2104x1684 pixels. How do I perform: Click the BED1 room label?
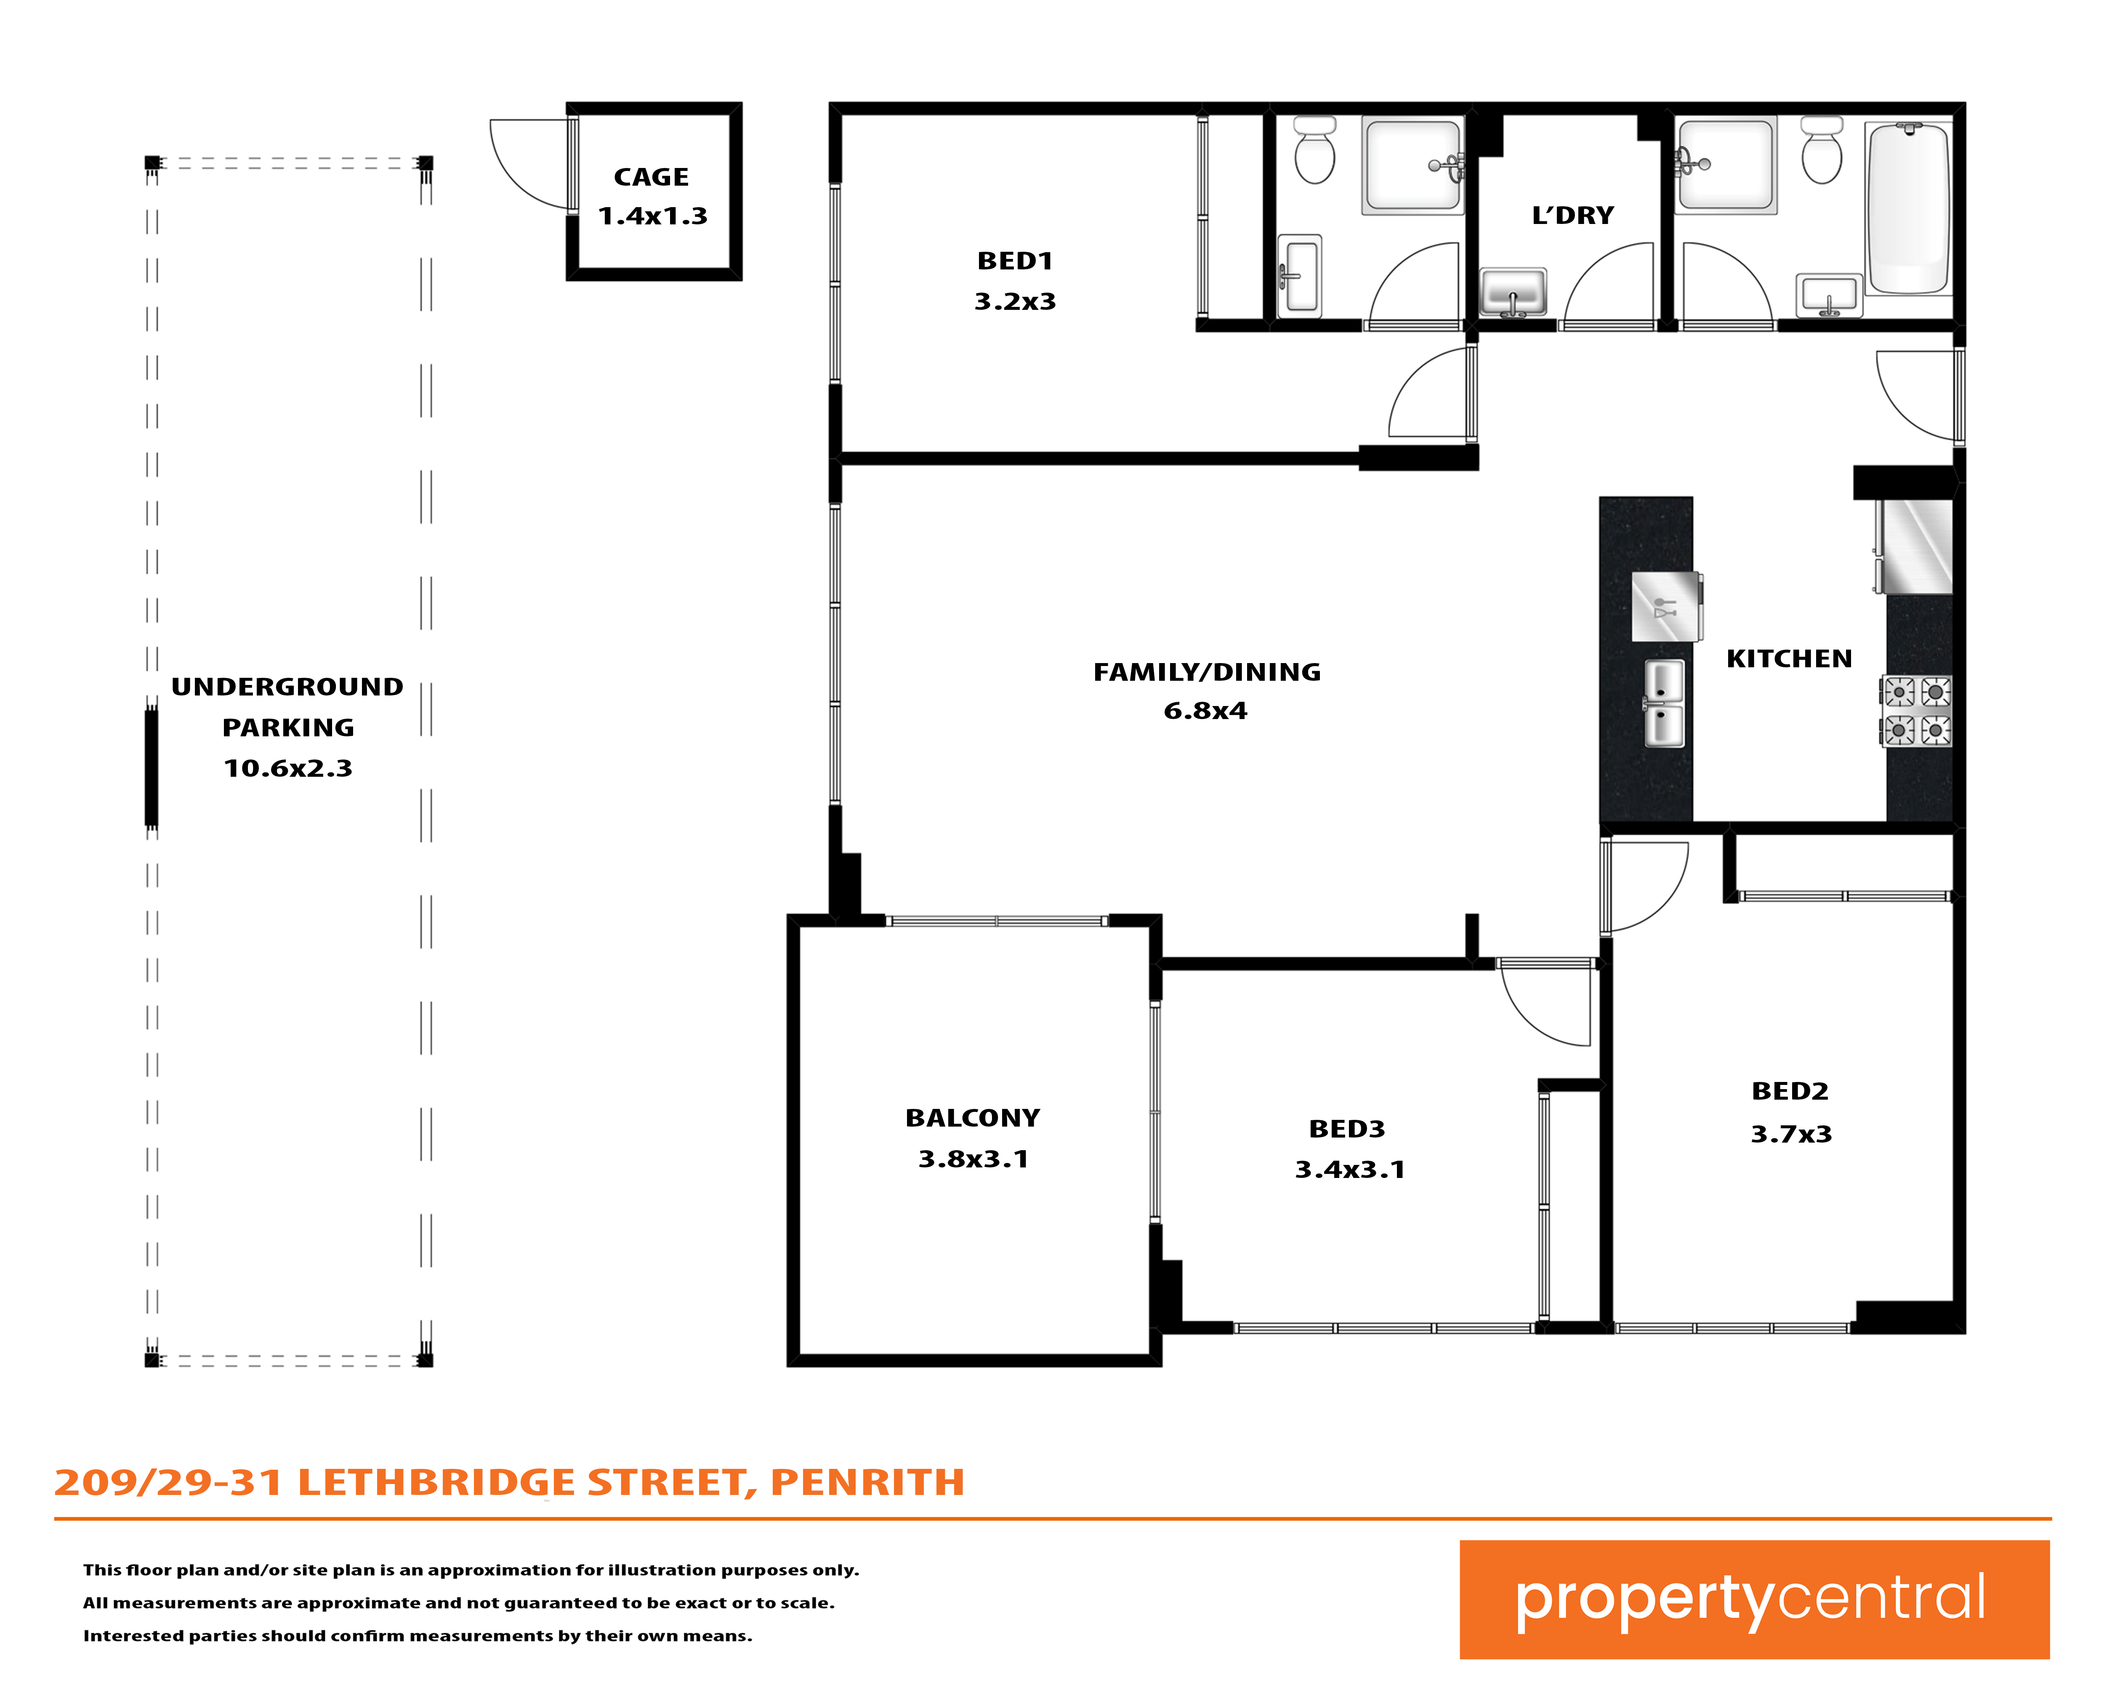pos(1015,261)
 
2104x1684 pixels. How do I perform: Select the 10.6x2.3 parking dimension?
pos(288,768)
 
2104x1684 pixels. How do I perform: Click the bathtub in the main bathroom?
pos(1908,208)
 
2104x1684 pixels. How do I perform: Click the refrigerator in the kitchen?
pos(1915,547)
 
